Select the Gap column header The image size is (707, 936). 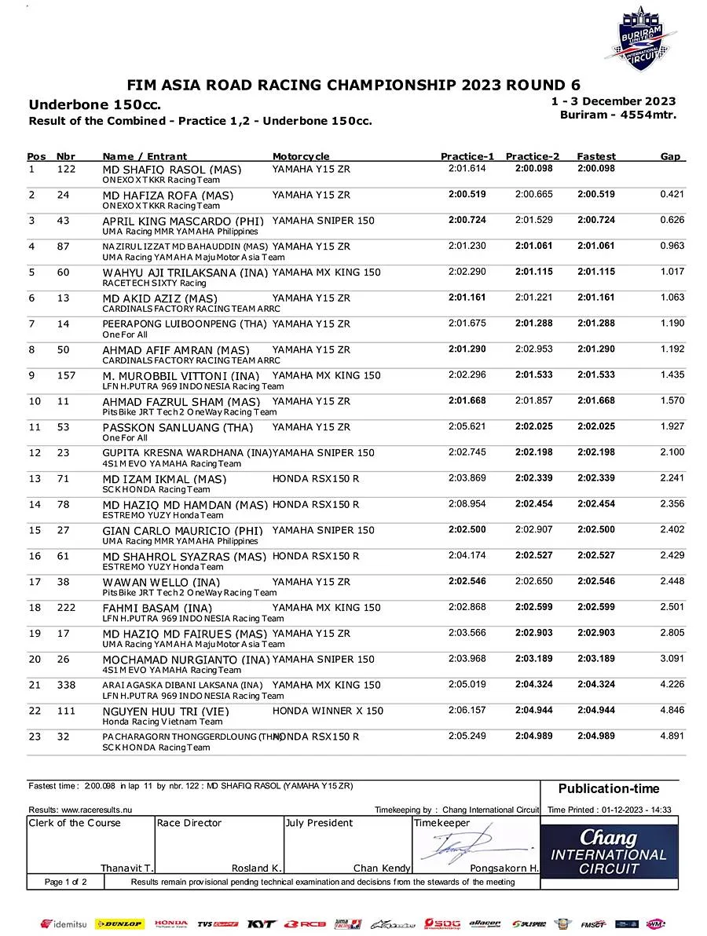click(x=670, y=156)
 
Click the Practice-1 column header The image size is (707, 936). click(x=467, y=156)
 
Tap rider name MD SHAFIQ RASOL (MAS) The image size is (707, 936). click(x=172, y=170)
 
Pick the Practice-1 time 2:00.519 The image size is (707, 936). click(x=467, y=195)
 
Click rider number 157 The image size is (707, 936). click(x=67, y=375)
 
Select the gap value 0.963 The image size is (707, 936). click(x=672, y=247)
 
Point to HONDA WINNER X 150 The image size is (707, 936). click(x=328, y=711)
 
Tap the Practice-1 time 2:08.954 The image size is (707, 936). click(x=467, y=504)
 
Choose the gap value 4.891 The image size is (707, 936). click(x=672, y=737)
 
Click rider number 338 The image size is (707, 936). click(x=67, y=685)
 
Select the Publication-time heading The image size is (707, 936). click(x=609, y=788)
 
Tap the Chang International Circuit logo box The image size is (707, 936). click(x=609, y=851)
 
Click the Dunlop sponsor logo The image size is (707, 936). click(x=119, y=924)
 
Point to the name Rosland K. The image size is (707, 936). click(x=257, y=868)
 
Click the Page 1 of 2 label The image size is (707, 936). click(x=66, y=882)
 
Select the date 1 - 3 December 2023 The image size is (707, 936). click(x=614, y=101)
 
